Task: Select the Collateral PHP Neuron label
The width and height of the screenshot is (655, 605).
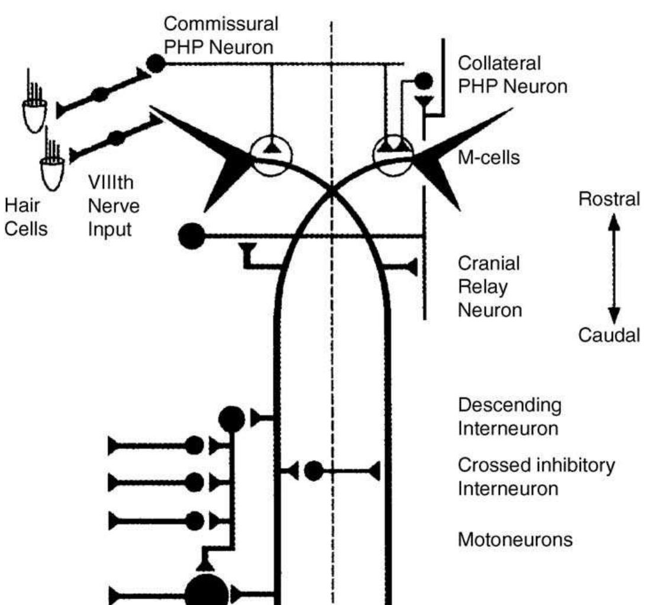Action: tap(512, 73)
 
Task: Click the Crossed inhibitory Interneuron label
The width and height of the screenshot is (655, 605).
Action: tap(536, 478)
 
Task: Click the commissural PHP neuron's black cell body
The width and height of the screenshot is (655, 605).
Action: tap(156, 62)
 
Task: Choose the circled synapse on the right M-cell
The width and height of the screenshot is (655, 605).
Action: tap(394, 157)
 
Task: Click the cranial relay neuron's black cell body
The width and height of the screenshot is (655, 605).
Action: tap(191, 236)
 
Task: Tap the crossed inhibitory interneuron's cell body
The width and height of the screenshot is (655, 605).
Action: tap(314, 471)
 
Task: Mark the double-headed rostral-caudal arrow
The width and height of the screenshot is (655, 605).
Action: tap(614, 268)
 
